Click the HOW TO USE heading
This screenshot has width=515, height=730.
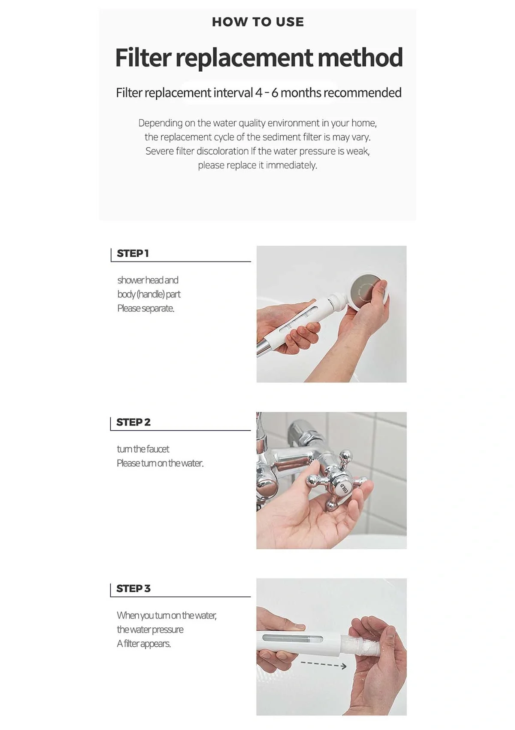(257, 22)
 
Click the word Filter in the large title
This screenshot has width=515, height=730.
(143, 58)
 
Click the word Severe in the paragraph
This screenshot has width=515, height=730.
(159, 151)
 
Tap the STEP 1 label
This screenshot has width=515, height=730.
(133, 253)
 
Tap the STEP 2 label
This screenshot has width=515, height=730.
(133, 422)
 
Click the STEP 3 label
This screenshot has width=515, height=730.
(133, 588)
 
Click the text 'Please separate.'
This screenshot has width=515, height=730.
(145, 308)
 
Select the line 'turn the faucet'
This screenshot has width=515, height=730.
(143, 449)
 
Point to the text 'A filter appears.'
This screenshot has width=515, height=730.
(144, 644)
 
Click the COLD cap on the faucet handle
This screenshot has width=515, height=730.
(344, 488)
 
